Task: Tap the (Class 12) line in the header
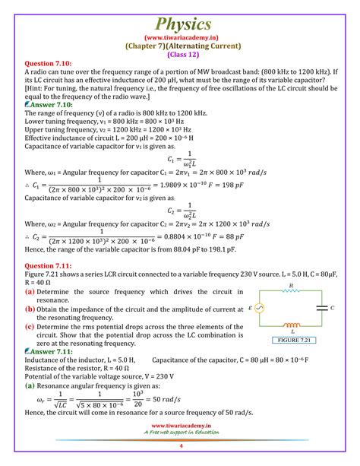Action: (179, 53)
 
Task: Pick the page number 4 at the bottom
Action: (180, 458)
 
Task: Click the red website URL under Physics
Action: (179, 36)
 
